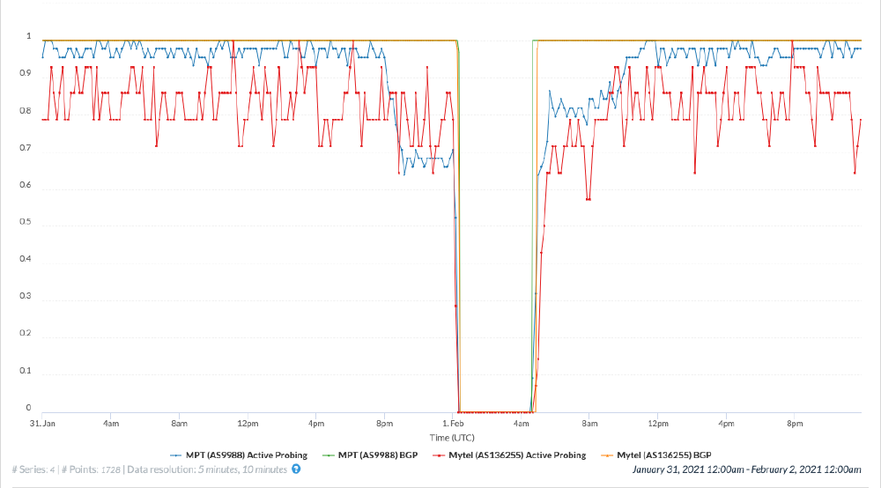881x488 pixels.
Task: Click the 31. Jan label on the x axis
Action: (x=42, y=424)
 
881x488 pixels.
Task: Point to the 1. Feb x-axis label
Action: (x=453, y=424)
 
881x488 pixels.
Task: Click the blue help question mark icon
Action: (x=296, y=469)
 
